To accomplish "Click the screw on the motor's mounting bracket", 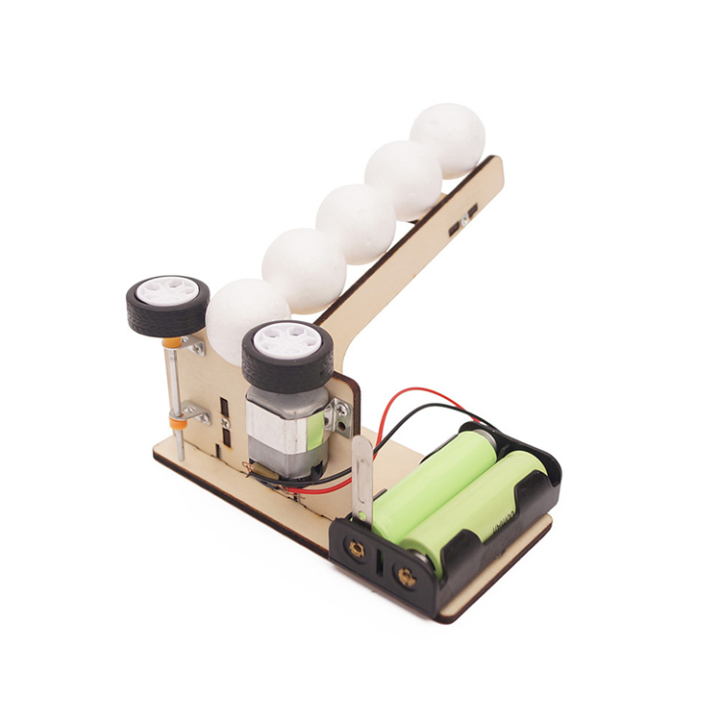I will pyautogui.click(x=341, y=410).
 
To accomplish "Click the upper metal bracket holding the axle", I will pyautogui.click(x=194, y=345).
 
